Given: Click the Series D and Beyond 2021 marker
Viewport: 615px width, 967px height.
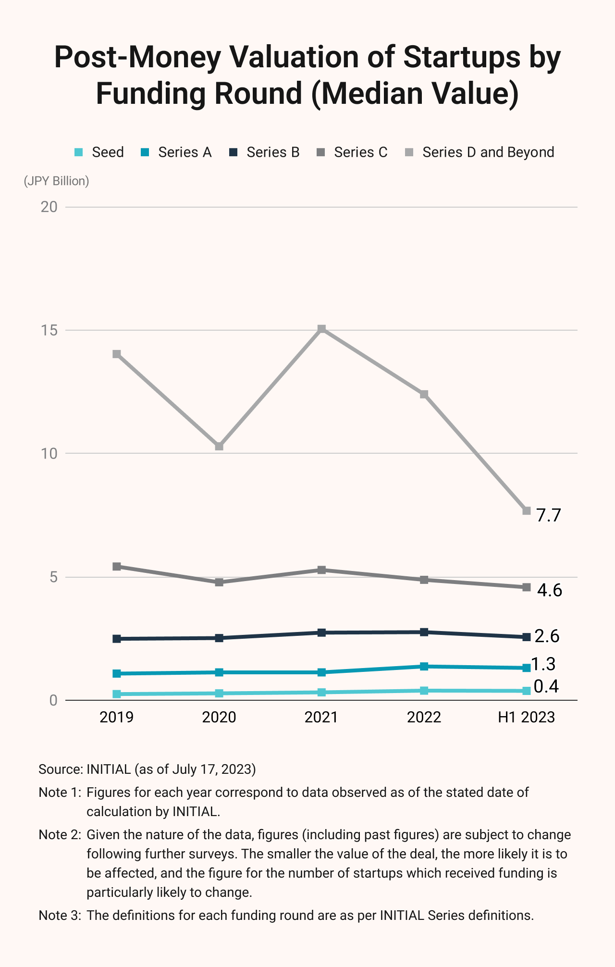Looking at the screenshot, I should tap(322, 329).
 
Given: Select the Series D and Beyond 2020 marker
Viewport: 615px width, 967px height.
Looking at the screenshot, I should tap(219, 446).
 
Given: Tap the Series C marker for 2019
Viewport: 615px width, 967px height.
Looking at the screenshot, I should tap(117, 567).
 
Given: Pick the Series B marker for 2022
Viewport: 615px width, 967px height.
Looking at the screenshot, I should tap(424, 632).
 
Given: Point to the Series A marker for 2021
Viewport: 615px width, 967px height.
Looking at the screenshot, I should tap(322, 672).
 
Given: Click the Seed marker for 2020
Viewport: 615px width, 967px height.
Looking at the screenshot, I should tap(219, 693).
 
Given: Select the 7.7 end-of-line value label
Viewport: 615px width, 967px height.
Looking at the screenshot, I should tap(549, 515).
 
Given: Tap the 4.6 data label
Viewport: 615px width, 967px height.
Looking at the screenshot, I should tap(549, 590).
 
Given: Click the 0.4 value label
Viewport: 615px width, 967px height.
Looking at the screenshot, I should tap(546, 686).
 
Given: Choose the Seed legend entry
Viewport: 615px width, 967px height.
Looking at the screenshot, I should tap(99, 152).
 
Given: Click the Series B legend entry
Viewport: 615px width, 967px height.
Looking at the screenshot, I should tap(264, 152).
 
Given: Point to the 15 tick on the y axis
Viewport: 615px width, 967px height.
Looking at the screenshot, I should tap(49, 331).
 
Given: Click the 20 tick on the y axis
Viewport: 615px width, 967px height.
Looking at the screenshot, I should tap(49, 207).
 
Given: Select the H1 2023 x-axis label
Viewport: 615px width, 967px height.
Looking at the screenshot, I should tap(526, 717).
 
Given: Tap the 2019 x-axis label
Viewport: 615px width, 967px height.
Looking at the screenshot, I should tap(117, 717).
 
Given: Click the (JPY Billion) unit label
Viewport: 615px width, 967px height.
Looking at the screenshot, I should tap(57, 181).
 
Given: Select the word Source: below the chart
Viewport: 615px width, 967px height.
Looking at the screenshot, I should tap(61, 769).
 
